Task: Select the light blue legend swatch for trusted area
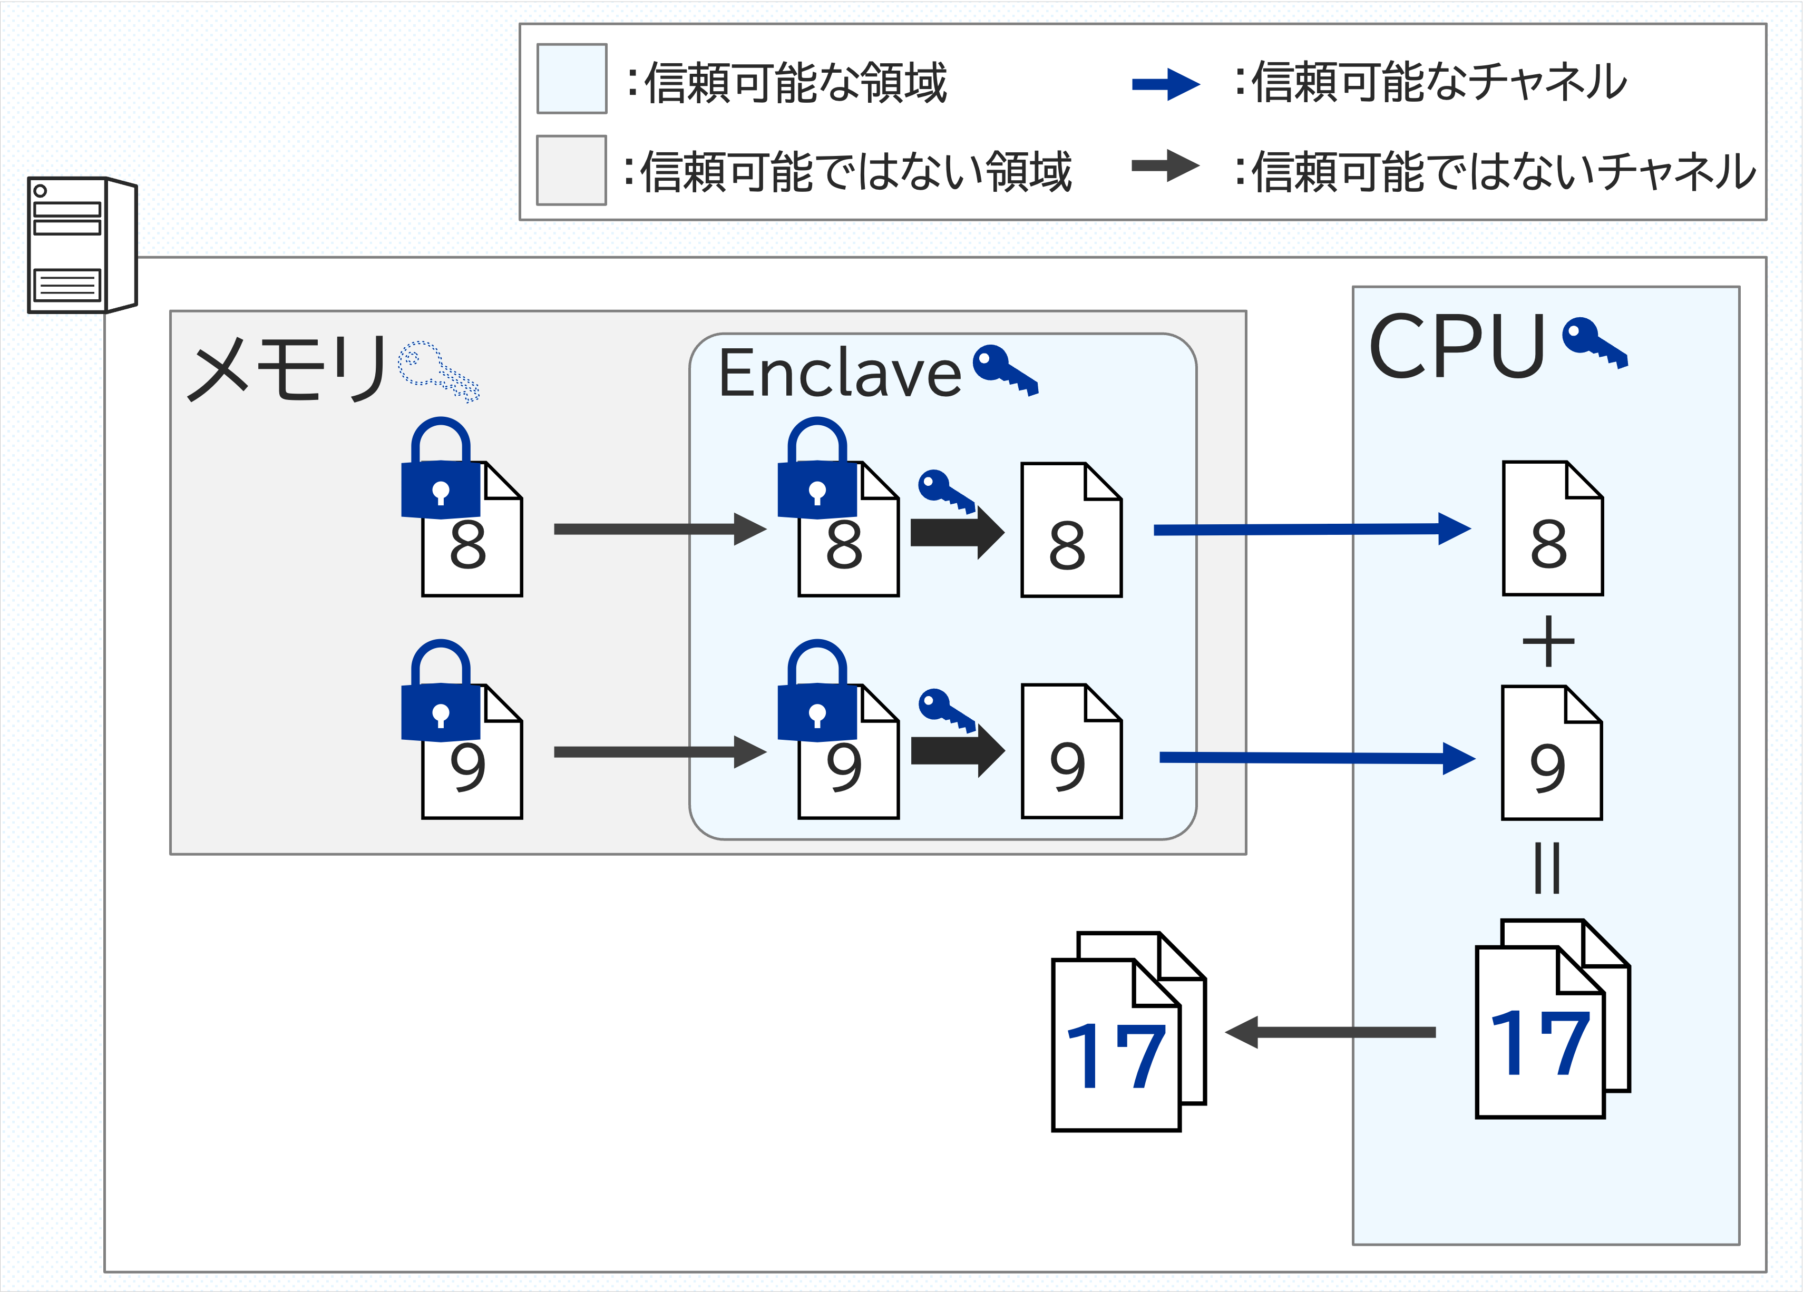tap(571, 79)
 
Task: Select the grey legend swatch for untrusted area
tap(571, 170)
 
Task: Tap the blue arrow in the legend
tap(1165, 84)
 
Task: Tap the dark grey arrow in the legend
tap(1165, 165)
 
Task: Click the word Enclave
tap(839, 374)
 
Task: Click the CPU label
tap(1456, 347)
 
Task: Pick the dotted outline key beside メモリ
tap(437, 371)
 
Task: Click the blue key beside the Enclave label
tap(1005, 369)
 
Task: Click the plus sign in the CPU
tap(1548, 641)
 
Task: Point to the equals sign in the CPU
tap(1547, 868)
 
